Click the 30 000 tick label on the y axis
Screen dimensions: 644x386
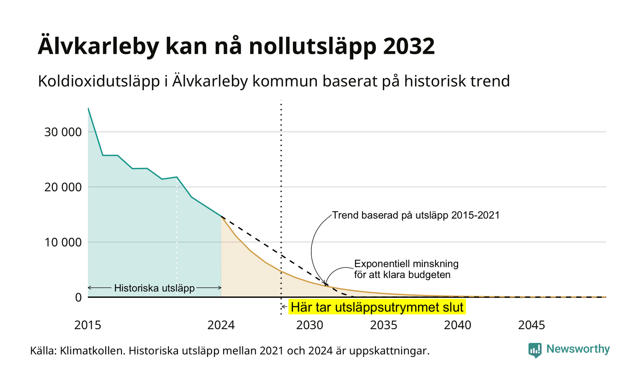tap(63, 132)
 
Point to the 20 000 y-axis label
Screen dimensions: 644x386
tap(63, 187)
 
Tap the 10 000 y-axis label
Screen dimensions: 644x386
tap(63, 243)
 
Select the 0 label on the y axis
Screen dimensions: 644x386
tap(79, 298)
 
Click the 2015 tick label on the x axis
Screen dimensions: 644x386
tap(88, 325)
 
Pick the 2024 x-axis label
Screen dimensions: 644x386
tap(221, 325)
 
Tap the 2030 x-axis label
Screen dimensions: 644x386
tap(310, 325)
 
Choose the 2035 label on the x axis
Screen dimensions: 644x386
tap(384, 325)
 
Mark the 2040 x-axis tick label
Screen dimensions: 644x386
tap(458, 325)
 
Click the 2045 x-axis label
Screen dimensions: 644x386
tap(532, 325)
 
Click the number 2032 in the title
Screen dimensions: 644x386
tap(408, 46)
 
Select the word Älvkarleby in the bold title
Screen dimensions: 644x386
tap(98, 46)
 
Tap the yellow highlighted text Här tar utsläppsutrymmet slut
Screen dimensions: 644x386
tap(377, 307)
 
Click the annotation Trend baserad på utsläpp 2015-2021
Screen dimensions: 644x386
tap(416, 215)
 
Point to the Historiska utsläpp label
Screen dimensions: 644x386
tap(155, 288)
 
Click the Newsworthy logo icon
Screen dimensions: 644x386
tap(535, 350)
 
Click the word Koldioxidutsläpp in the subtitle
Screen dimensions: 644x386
tap(99, 81)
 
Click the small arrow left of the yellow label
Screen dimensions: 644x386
tap(284, 307)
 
